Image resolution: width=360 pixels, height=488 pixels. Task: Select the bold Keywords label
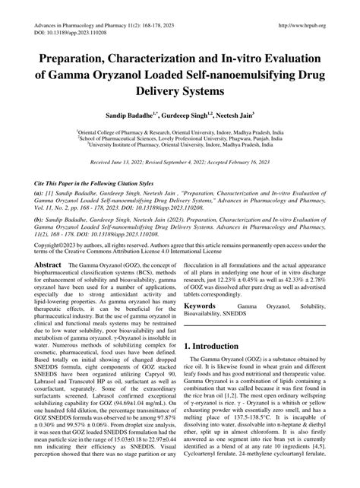coord(201,326)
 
